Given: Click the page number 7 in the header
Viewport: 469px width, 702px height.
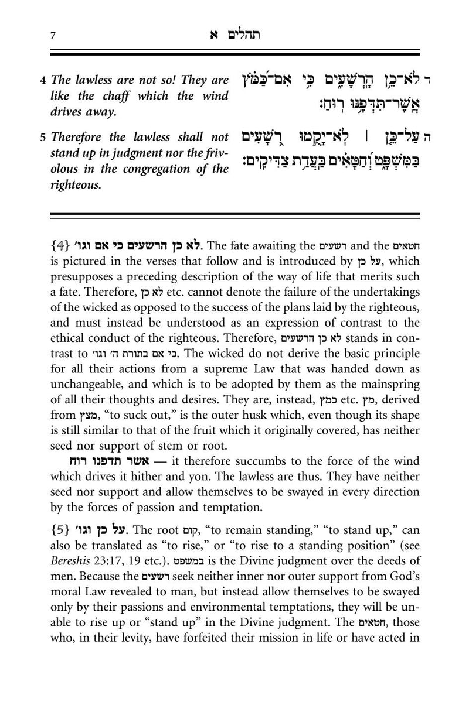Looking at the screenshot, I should tap(53, 36).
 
